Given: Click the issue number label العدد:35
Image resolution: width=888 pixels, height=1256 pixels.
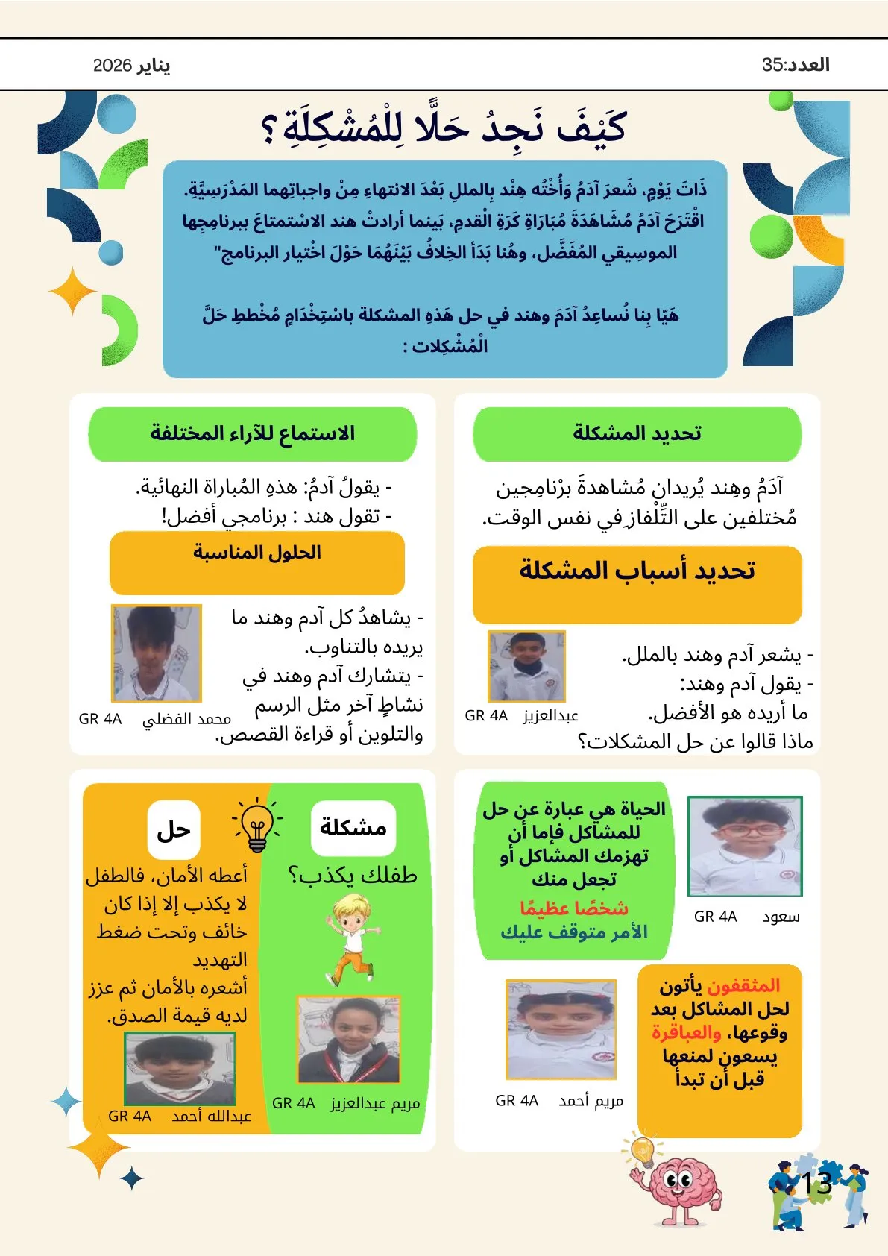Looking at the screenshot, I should coord(796,65).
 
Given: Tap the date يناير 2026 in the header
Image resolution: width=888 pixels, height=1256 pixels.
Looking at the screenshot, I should coord(131,66).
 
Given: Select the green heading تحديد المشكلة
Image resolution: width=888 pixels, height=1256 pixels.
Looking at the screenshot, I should coord(637,433).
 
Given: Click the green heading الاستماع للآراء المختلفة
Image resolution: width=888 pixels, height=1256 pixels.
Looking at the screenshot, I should coord(252,433).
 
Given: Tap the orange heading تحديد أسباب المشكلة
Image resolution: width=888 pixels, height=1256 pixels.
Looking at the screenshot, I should coord(637,571).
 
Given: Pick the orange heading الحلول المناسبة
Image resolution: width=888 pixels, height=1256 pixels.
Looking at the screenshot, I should coord(256,553).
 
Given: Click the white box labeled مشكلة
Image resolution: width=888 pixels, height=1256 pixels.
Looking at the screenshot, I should coord(353,827).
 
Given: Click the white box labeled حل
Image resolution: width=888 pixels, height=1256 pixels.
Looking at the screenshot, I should coord(174,829).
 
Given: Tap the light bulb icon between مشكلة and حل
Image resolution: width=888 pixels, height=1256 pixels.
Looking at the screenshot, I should coord(257,825).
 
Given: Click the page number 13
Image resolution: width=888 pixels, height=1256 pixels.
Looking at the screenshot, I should coord(816,1184).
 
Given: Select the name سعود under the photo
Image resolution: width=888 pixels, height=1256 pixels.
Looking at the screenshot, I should coord(781,917).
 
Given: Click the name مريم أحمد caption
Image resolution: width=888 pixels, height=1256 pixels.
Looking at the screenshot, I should coord(591,1101).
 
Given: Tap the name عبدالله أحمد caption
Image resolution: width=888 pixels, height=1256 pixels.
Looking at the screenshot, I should coord(211,1117).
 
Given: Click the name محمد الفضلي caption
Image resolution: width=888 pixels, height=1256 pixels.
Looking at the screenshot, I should coord(186,719).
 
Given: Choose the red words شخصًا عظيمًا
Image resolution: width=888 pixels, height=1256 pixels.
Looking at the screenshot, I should coord(573,908).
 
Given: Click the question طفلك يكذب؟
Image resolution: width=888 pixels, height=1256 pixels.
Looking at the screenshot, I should coord(352,875).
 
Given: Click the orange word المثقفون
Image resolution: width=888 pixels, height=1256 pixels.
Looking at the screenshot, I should coord(743,986).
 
